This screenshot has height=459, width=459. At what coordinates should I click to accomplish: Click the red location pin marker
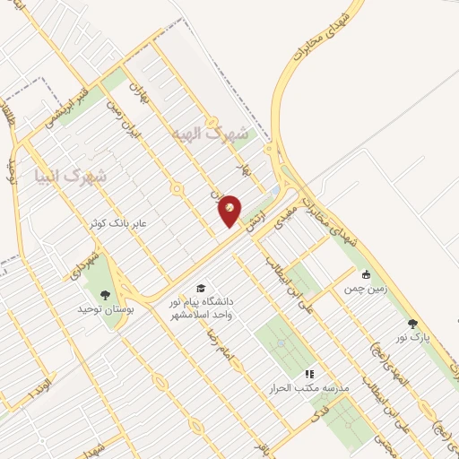pyautogui.click(x=230, y=210)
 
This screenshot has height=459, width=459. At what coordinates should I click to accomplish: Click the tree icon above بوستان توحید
pyautogui.click(x=107, y=294)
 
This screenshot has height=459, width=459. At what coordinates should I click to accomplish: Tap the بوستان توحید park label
pyautogui.click(x=107, y=309)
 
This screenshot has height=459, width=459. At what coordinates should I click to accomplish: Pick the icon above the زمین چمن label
pyautogui.click(x=366, y=275)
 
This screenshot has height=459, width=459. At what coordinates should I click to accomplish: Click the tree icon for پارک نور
pyautogui.click(x=412, y=324)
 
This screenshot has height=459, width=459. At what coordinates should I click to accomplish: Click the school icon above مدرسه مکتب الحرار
pyautogui.click(x=309, y=373)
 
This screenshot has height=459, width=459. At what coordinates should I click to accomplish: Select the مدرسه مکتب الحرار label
pyautogui.click(x=308, y=388)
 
